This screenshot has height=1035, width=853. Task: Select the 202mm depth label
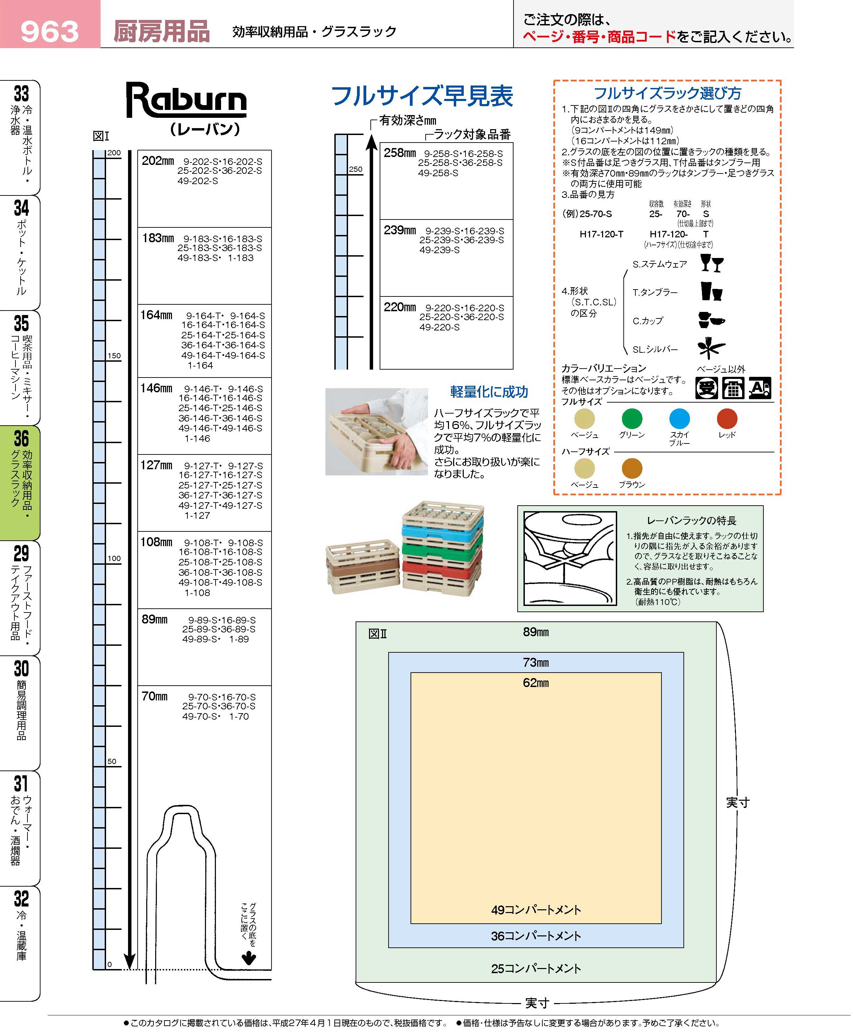pos(157,161)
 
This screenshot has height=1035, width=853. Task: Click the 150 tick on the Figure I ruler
pos(114,356)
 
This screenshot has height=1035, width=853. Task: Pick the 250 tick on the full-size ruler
pos(355,169)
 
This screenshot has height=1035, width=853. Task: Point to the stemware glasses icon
pos(712,263)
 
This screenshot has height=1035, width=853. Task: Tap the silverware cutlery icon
pos(711,348)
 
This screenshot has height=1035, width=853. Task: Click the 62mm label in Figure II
pos(535,683)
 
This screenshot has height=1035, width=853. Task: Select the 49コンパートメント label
pos(535,910)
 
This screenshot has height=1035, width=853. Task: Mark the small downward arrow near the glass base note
pos(249,958)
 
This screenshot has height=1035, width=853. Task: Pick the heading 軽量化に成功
pos(489,392)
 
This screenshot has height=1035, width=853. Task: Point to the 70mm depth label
pos(154,696)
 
